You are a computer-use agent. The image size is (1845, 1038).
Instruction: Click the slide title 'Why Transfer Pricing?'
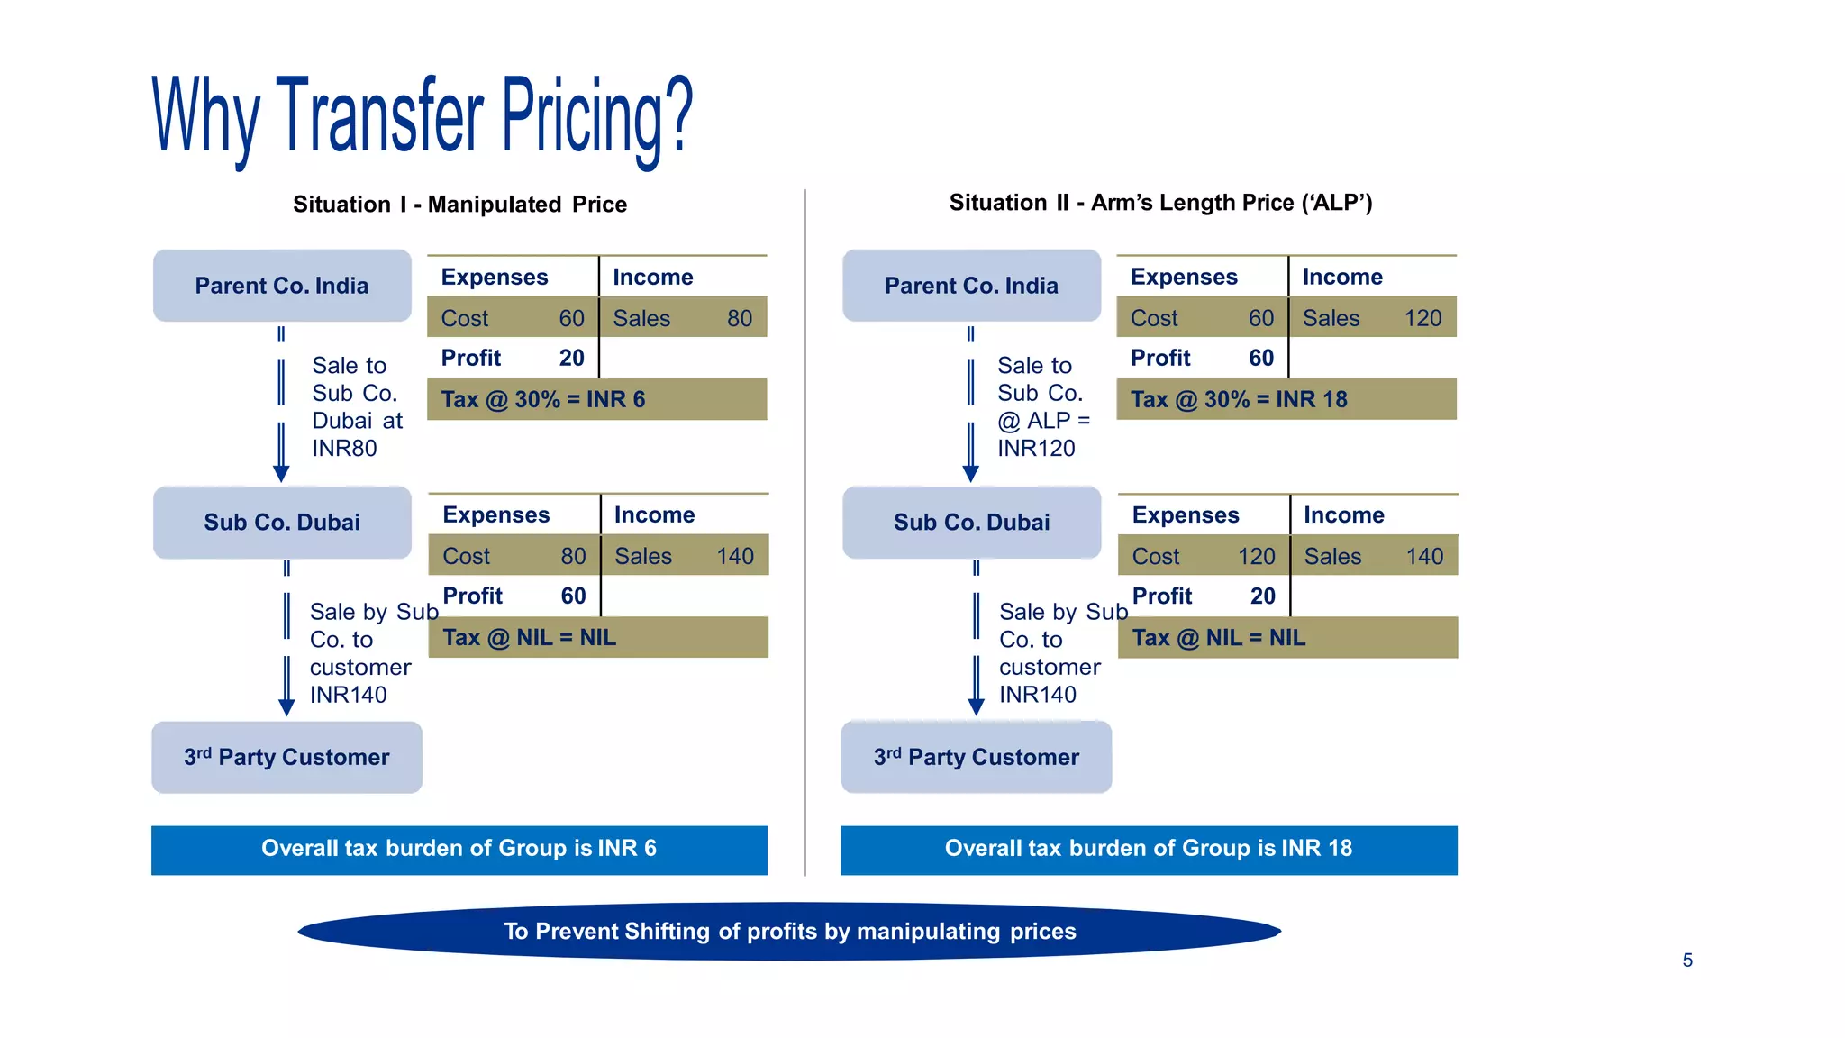(423, 117)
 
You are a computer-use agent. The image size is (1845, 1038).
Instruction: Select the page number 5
(1687, 961)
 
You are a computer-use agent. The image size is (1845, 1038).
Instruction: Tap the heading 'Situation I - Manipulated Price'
(459, 205)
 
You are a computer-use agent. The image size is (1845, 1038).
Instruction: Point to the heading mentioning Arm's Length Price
(1160, 203)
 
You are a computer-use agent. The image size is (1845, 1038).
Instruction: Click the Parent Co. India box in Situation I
(282, 286)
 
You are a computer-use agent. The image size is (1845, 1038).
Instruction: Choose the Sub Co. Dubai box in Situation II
(971, 523)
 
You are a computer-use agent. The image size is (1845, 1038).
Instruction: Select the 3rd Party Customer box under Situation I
(286, 757)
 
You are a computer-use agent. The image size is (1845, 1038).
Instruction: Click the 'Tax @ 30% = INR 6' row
(596, 399)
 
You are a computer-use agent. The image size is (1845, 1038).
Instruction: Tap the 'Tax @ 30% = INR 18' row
(1286, 399)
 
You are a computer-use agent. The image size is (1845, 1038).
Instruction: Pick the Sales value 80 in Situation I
(739, 318)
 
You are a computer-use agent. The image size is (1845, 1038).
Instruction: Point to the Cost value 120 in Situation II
(1256, 556)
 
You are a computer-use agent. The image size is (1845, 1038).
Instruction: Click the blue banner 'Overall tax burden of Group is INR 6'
(459, 849)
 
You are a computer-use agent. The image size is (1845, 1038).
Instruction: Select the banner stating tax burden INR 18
(1149, 849)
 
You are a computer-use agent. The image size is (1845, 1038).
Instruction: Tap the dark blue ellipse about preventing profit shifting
(789, 931)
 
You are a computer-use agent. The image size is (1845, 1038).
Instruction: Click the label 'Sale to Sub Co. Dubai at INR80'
(357, 406)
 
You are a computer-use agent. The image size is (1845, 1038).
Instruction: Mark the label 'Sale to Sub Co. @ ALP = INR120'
(1042, 406)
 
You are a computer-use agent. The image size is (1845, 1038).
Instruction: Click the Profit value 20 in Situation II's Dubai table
(1262, 596)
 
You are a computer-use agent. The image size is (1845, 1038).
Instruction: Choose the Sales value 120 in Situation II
(1422, 318)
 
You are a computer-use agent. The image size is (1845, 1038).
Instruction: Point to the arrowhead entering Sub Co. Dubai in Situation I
(281, 474)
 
